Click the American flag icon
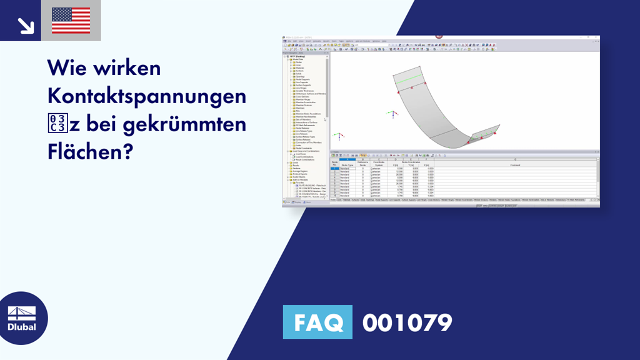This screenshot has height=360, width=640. pyautogui.click(x=71, y=20)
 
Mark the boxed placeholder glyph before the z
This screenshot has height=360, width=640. pyautogui.click(x=57, y=124)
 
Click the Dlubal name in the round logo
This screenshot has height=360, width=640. pyautogui.click(x=21, y=327)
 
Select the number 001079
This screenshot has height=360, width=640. pyautogui.click(x=407, y=322)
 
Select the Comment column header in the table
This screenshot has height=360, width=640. pyautogui.click(x=514, y=165)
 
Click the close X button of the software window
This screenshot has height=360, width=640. pyautogui.click(x=597, y=38)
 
